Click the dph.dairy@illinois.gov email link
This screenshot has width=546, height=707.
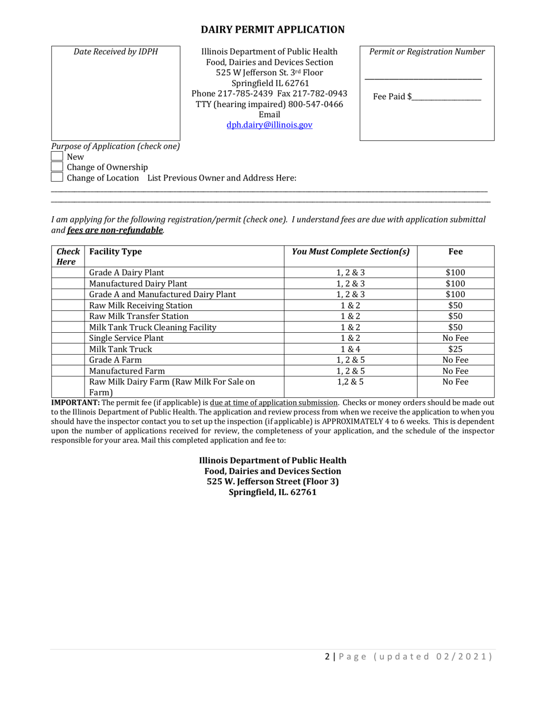(x=270, y=124)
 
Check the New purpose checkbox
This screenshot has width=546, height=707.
(x=57, y=156)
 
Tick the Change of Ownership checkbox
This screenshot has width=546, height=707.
(x=57, y=167)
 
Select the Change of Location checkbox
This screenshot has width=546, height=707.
(x=57, y=178)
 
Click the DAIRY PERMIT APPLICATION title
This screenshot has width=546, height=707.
(x=272, y=30)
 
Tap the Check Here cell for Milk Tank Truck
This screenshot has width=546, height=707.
(x=68, y=349)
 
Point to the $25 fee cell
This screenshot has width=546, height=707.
(x=455, y=349)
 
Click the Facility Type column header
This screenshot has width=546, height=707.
(x=116, y=252)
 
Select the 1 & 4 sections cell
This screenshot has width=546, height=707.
(x=351, y=349)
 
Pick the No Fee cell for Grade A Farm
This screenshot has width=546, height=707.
(x=455, y=360)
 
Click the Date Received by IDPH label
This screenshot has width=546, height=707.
(x=116, y=52)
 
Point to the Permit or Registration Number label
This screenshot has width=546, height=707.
(x=427, y=52)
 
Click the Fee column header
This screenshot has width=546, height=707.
(x=455, y=252)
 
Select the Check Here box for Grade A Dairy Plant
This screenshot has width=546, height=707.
(x=68, y=273)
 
